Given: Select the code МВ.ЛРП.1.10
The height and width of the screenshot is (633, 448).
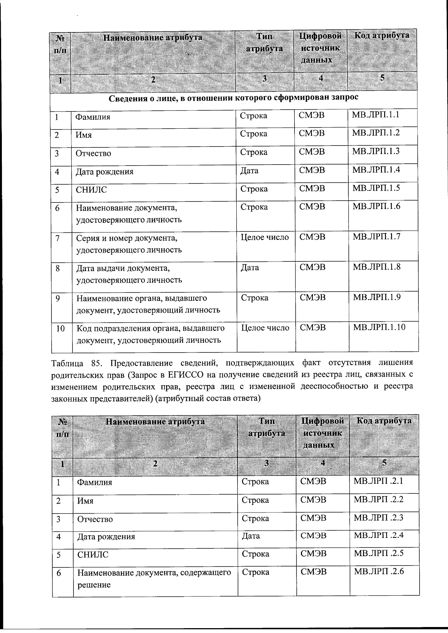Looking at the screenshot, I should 379,327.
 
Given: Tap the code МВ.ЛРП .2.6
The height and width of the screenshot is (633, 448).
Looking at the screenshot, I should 379,571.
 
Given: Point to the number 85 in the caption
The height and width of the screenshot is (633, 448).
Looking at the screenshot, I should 96,362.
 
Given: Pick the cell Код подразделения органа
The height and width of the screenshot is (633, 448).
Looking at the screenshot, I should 150,334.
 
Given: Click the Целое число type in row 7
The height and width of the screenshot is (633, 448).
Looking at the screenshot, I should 265,237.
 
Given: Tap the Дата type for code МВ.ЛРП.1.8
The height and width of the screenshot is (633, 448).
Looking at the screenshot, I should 250,267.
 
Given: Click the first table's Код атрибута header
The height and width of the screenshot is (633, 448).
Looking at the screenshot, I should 382,36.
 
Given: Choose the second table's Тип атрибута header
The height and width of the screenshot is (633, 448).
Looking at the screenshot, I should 267,427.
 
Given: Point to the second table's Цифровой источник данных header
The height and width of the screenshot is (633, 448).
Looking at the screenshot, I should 322,433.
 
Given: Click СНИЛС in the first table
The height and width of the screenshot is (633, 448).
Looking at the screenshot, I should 91,189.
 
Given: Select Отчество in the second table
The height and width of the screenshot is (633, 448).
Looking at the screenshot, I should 95,519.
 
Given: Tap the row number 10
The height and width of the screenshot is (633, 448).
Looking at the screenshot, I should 60,328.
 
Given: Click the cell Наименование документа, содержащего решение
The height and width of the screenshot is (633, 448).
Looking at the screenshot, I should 154,578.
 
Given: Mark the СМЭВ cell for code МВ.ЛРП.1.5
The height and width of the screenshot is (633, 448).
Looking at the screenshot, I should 312,188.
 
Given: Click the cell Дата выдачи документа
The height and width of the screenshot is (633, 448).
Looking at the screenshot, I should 129,274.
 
